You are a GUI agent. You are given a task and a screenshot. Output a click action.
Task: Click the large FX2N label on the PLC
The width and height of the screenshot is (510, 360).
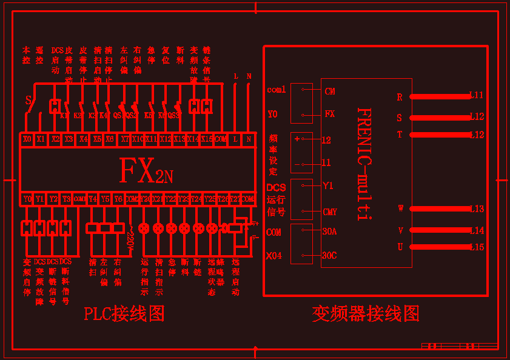pos(146,172)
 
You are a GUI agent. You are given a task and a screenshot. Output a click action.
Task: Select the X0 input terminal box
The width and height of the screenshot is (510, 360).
pos(27,139)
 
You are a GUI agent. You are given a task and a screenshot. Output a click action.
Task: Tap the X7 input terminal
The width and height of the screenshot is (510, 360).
pos(125,139)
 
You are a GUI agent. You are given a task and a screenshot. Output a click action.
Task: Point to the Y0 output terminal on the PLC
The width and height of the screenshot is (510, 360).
pos(27,199)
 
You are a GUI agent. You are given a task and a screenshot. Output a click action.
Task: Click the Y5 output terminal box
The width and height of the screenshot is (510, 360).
pos(106,199)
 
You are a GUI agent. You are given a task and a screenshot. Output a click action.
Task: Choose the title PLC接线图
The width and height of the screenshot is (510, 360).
pos(124,313)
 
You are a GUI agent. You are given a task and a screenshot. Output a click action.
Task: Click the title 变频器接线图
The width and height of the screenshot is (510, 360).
pos(366,313)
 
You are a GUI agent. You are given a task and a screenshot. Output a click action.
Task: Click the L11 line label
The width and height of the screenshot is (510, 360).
pos(477,95)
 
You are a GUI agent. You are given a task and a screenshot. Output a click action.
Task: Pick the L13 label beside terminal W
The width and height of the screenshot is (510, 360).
pos(477,208)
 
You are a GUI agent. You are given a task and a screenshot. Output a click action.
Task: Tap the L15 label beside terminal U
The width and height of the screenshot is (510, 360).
pos(477,247)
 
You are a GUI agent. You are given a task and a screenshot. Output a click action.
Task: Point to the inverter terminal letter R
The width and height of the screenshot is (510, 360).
pos(400,97)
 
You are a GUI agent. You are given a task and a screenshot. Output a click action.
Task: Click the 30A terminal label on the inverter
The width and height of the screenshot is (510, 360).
pos(329,232)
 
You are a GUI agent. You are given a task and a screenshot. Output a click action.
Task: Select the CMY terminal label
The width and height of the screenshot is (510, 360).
pos(330,212)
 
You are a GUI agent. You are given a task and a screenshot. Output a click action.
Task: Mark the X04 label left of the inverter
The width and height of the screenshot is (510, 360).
pos(274,255)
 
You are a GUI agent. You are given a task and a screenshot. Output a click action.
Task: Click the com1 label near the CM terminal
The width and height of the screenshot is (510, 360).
pos(277,90)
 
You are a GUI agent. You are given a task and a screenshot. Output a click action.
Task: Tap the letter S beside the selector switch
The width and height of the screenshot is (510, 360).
pos(28,100)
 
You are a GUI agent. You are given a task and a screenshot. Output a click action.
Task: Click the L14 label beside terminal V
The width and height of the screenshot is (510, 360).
pos(477,230)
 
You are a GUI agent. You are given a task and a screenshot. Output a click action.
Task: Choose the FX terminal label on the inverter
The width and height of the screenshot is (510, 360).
pos(329,113)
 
